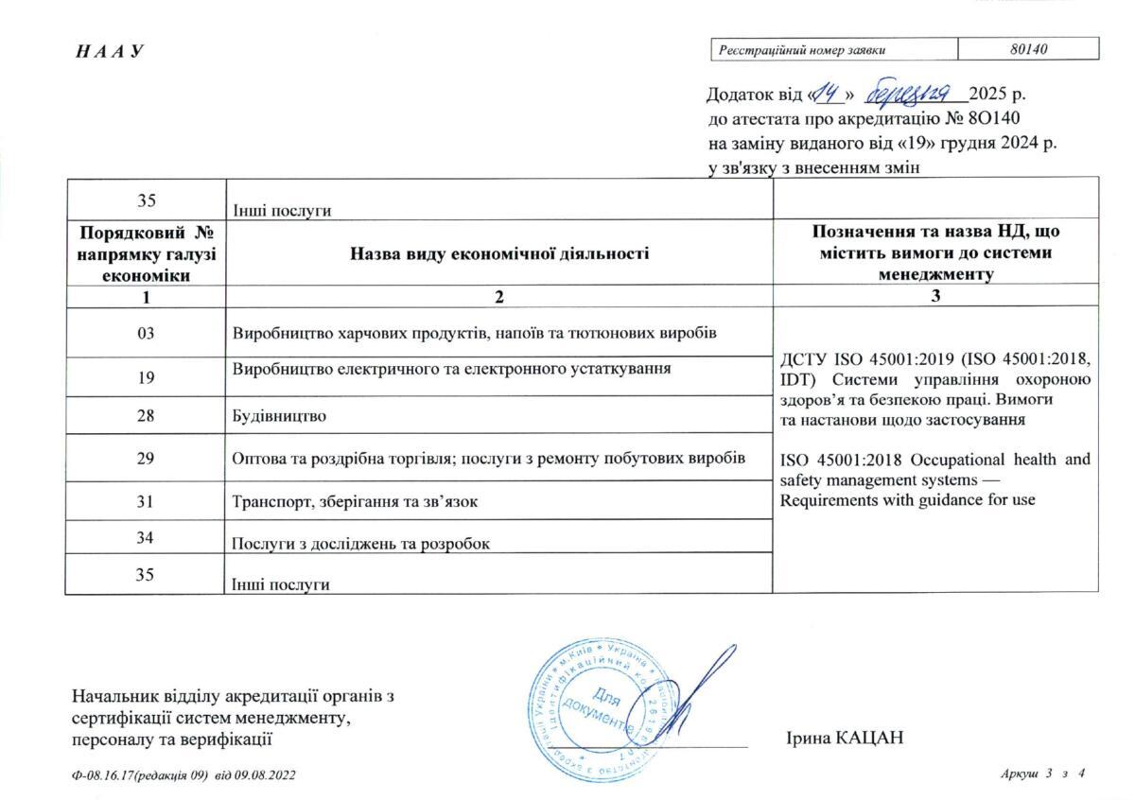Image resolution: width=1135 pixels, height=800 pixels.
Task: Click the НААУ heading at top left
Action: click(110, 51)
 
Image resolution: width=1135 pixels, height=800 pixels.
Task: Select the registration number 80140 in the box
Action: click(1028, 49)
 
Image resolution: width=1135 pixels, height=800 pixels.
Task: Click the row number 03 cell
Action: click(145, 333)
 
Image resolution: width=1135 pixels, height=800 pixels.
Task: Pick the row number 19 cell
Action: click(145, 376)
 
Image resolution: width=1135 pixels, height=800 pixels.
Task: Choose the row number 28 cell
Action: click(145, 414)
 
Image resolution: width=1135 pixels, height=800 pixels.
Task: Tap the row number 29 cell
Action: click(145, 457)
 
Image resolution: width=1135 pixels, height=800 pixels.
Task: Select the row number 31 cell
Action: click(145, 500)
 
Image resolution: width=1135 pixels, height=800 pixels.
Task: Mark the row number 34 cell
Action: click(145, 536)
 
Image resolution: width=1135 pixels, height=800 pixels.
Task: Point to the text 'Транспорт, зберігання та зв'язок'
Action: click(355, 501)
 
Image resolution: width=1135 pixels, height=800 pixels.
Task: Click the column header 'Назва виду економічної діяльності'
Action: click(499, 252)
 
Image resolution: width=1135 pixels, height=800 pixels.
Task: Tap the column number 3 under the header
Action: click(935, 296)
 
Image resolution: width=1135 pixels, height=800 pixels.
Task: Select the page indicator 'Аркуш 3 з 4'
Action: click(1041, 774)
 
